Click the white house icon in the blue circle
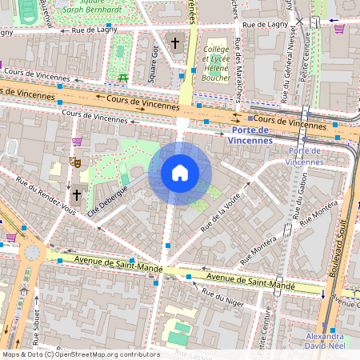[180, 173]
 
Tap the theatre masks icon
[76, 162]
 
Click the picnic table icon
[123, 78]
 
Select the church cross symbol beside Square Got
[175, 42]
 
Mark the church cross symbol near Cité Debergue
[77, 194]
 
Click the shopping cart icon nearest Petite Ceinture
[339, 29]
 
